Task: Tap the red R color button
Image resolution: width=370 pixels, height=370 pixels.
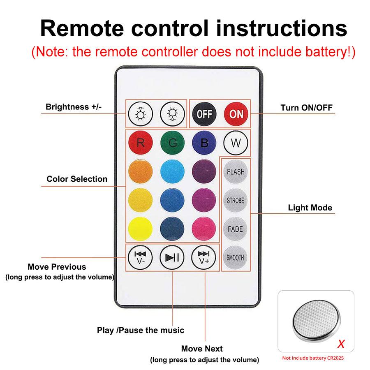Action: (x=140, y=143)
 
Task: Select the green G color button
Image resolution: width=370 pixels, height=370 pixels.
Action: (x=172, y=143)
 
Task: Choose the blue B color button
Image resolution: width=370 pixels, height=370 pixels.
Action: (x=204, y=143)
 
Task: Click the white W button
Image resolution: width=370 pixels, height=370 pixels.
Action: (x=236, y=143)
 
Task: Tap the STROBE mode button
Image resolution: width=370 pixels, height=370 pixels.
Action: (x=236, y=201)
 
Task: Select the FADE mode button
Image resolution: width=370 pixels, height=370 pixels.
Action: (x=236, y=229)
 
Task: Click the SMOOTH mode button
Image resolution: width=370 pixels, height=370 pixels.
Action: (x=236, y=258)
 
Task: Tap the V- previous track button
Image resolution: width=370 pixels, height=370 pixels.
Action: (x=140, y=258)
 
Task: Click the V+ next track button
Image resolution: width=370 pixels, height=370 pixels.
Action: (x=204, y=258)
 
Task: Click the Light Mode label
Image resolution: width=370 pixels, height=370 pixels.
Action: (x=310, y=208)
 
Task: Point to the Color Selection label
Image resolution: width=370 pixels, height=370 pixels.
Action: (x=77, y=179)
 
